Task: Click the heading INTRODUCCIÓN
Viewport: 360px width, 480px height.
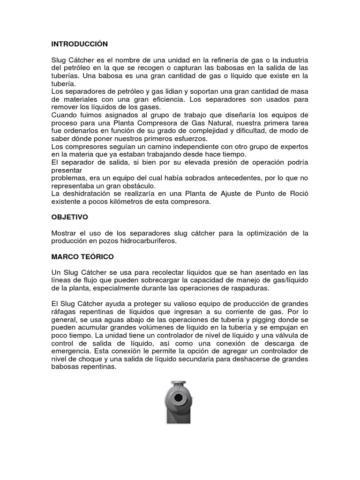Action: [x=80, y=44]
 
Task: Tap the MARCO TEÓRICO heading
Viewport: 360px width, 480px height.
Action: [x=82, y=257]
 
